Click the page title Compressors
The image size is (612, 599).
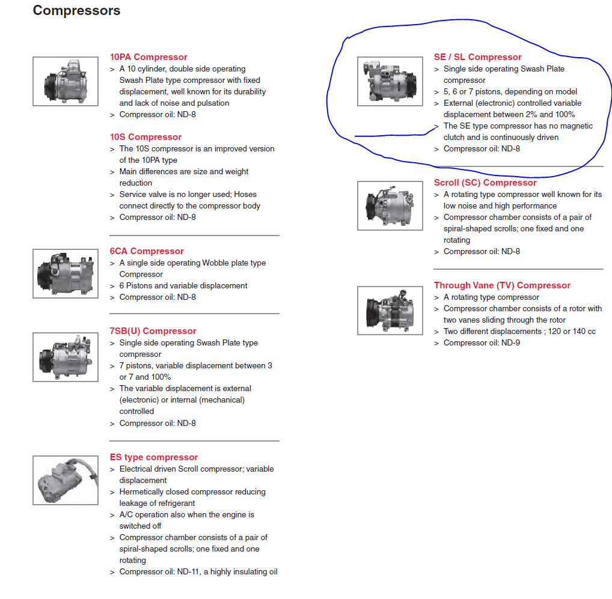coord(76,11)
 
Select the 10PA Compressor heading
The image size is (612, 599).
coord(148,57)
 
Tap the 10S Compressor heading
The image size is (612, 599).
coord(145,137)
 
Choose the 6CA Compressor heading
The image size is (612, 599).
coord(146,251)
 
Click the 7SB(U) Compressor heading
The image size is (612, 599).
coord(153,331)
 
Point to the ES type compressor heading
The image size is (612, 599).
coord(154,457)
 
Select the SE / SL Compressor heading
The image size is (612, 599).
coord(477,57)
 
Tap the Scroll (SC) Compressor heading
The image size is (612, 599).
coord(485,183)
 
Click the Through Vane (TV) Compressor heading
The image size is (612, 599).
coord(502,285)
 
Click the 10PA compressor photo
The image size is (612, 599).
coord(66,81)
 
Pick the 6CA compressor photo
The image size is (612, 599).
coord(66,273)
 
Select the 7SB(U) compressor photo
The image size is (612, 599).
coord(66,357)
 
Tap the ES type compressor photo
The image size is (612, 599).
coord(66,480)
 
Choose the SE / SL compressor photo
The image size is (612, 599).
coord(390,81)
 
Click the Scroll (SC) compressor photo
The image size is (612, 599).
coord(390,205)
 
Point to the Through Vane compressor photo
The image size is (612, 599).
coord(390,311)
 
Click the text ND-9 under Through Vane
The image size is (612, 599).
coord(510,343)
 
